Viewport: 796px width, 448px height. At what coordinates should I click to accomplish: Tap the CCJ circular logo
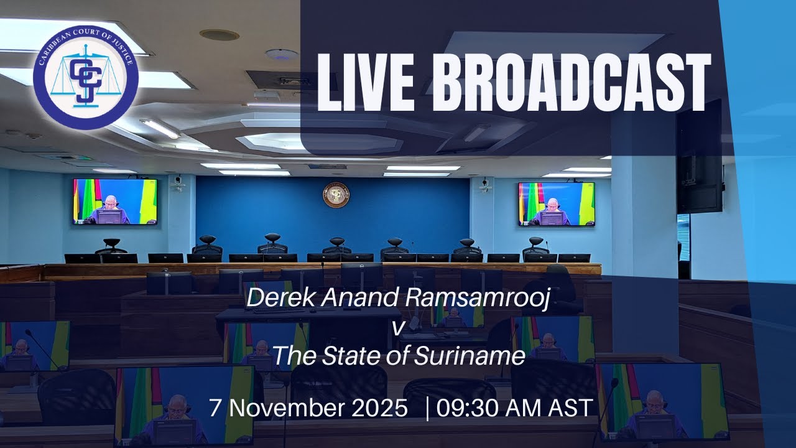86,77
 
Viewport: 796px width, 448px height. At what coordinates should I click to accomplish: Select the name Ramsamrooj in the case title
479,298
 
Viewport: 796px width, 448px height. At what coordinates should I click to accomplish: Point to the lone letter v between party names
396,327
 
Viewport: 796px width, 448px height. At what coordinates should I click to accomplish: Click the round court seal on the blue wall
336,195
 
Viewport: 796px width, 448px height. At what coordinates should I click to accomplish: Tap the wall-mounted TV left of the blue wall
115,202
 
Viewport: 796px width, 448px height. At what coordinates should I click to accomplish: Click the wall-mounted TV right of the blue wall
557,203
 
